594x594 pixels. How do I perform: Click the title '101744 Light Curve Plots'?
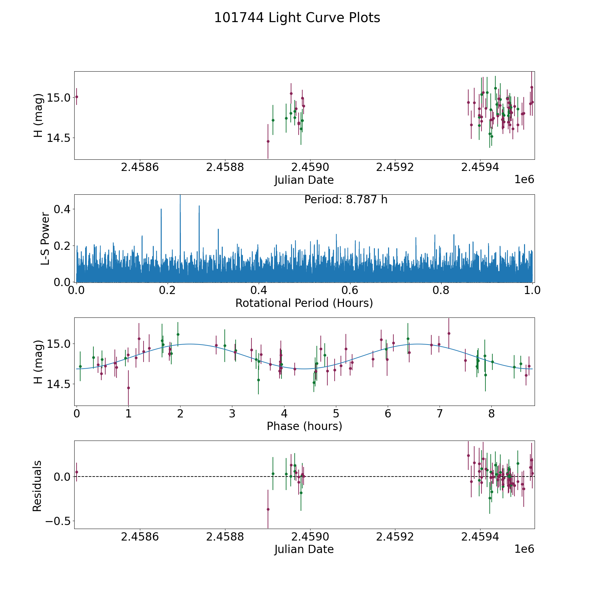click(297, 18)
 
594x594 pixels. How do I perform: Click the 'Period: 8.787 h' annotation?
click(346, 200)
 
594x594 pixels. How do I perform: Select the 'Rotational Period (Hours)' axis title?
click(304, 303)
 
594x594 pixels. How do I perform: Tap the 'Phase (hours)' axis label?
click(304, 426)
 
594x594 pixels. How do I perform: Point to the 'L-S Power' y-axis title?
click(46, 238)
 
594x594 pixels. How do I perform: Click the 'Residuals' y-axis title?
click(37, 486)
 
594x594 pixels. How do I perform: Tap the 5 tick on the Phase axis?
click(336, 413)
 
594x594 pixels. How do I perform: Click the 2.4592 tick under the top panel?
click(395, 167)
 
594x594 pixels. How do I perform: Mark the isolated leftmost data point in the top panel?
click(77, 97)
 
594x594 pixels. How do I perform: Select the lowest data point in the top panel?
click(268, 141)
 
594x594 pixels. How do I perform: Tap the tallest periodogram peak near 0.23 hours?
click(180, 195)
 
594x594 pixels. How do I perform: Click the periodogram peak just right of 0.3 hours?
click(218, 229)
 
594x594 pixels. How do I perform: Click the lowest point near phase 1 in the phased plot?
click(128, 388)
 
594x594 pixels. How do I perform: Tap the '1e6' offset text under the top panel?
click(524, 180)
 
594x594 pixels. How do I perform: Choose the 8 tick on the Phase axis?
click(491, 413)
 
